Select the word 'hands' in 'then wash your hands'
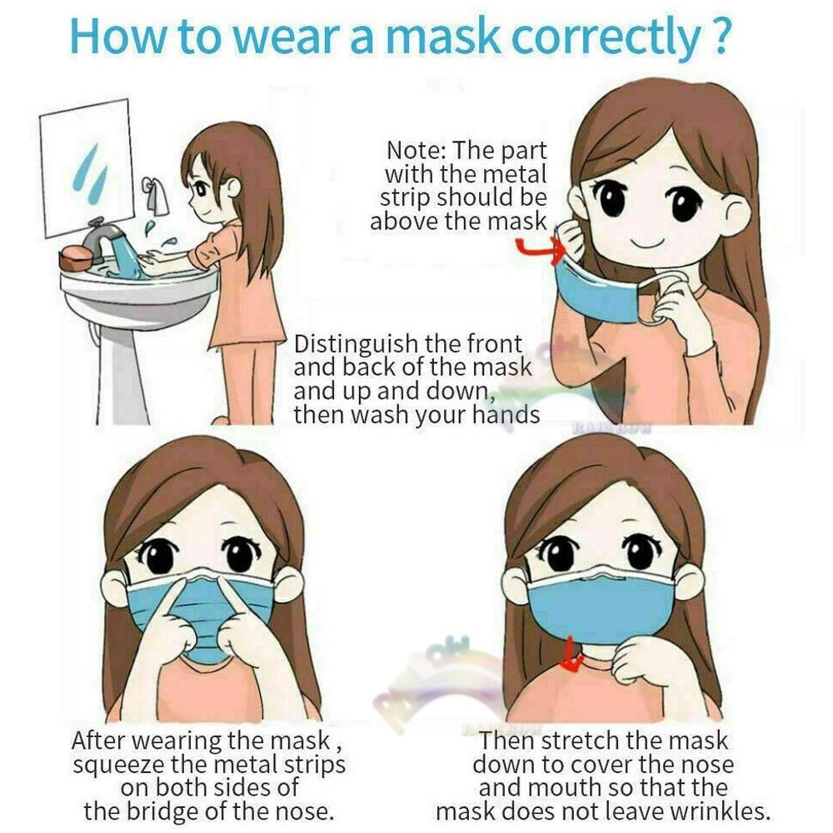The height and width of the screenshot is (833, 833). coord(506,414)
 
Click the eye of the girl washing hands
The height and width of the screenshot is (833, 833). coord(202,188)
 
